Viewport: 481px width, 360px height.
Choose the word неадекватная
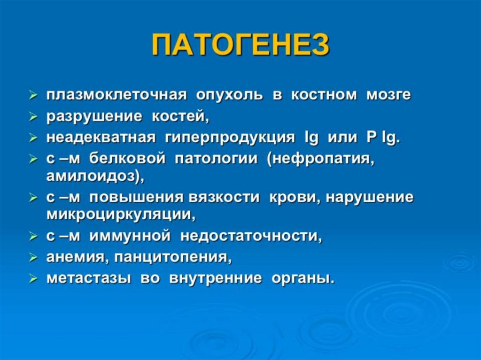click(101, 138)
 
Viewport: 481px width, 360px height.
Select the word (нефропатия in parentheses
click(321, 159)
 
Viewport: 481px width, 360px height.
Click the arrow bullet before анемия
click(33, 258)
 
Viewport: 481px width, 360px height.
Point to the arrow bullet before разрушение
click(33, 117)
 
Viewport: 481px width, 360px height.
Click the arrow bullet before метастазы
click(33, 279)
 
